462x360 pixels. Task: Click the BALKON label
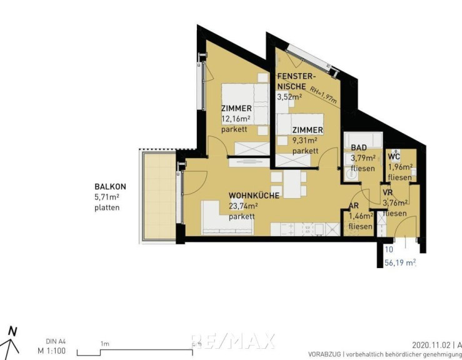coord(110,186)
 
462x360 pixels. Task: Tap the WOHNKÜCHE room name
coord(254,196)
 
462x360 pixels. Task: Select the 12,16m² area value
coord(236,119)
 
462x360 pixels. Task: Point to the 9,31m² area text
coord(304,140)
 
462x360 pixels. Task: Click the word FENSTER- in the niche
coord(296,76)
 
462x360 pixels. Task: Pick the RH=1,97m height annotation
coord(323,94)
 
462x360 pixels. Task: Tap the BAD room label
coord(359,147)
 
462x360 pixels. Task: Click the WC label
coord(394,156)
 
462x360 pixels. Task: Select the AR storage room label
coord(354,206)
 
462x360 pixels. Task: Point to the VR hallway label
coord(388,192)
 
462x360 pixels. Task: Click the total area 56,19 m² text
coord(400,262)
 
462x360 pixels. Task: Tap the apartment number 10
coord(389,249)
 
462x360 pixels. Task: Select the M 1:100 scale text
coord(51,351)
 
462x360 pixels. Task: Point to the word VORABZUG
coord(324,354)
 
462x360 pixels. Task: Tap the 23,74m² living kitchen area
coord(243,206)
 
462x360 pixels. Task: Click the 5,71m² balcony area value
coord(107,197)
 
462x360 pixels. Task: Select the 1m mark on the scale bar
coord(105,344)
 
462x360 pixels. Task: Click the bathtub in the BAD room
coord(363,138)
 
